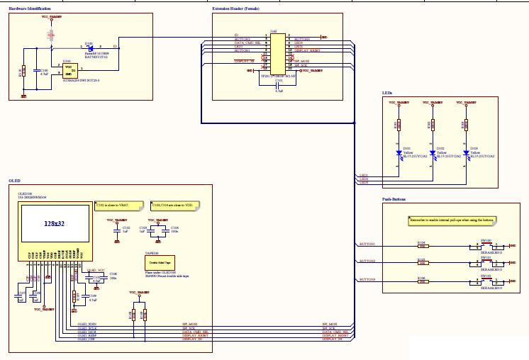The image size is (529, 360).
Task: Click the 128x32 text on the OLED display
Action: point(54,223)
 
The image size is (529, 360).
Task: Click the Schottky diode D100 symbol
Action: point(89,47)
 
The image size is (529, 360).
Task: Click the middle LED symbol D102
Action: point(433,152)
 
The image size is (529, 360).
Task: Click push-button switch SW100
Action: point(486,247)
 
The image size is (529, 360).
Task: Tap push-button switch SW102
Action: point(486,283)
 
